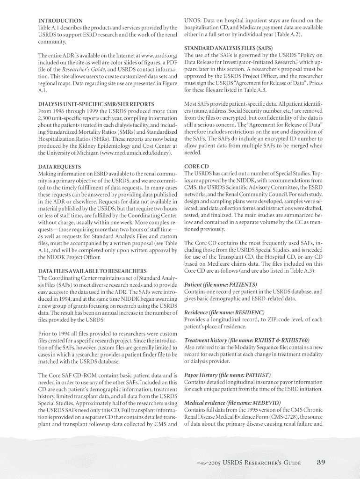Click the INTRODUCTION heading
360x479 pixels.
click(x=60, y=21)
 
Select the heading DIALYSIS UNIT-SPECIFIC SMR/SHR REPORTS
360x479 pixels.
click(x=95, y=104)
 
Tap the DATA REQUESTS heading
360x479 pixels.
click(x=59, y=167)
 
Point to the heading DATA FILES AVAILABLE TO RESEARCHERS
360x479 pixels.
click(x=92, y=271)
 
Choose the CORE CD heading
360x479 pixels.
click(x=197, y=167)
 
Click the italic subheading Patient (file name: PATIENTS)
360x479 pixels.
click(x=221, y=284)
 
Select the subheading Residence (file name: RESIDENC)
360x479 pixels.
click(x=224, y=312)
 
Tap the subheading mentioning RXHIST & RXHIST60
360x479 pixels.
click(x=247, y=340)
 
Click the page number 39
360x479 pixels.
click(x=321, y=463)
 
